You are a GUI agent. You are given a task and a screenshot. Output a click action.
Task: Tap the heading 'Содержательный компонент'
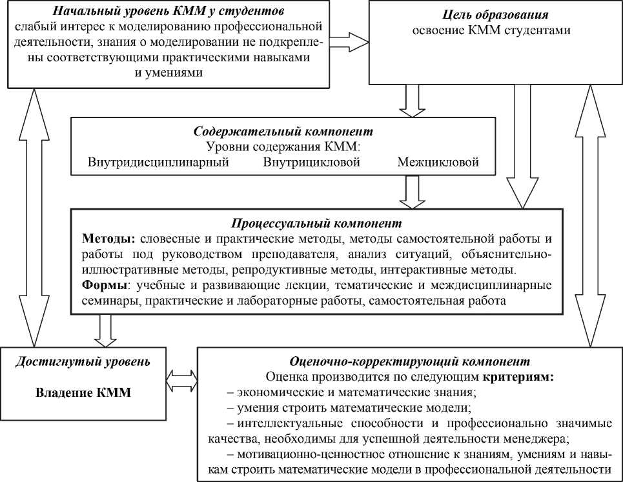point(283,131)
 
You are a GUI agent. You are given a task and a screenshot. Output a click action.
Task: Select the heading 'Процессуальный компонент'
point(316,224)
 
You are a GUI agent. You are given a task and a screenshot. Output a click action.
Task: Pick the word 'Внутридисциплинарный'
point(158,162)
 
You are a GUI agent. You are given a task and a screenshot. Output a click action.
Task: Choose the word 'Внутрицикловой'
point(311,162)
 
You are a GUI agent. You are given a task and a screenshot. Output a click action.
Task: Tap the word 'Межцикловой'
point(438,162)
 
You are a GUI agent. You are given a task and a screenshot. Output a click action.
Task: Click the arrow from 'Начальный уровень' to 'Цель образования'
point(345,42)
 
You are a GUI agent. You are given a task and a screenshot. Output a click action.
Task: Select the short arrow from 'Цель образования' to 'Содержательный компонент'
point(411,100)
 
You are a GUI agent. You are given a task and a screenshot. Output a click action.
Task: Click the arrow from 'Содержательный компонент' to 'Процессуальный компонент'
point(411,192)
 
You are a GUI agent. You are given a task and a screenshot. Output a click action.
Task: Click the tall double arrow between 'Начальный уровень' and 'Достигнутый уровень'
point(32,216)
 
